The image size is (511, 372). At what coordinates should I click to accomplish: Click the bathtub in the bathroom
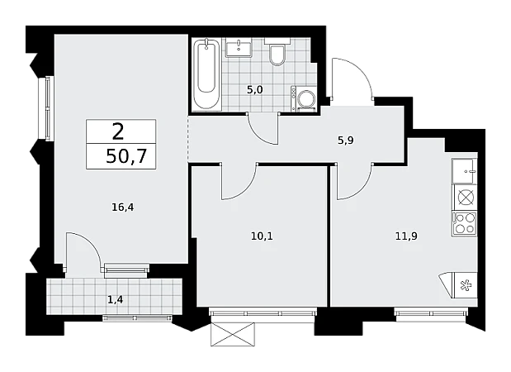coord(206,74)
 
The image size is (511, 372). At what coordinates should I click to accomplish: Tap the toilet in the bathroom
coord(277,51)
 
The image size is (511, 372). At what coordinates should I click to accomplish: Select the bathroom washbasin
coord(239,48)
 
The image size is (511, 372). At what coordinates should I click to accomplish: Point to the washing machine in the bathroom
coord(303,98)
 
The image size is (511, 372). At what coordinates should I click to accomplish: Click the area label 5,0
coord(254,90)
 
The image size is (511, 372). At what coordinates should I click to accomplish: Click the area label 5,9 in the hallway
coord(345,141)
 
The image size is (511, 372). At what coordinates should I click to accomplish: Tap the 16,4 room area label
coord(122,207)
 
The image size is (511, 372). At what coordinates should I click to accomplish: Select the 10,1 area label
coord(262,236)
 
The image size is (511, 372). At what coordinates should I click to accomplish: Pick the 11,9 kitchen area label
coord(406,236)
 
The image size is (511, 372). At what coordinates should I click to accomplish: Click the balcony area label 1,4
coord(115,299)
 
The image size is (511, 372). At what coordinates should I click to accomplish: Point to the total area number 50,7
coord(126,156)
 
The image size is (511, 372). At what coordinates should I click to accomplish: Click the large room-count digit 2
coord(118,131)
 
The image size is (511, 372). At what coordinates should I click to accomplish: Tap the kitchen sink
coord(464,171)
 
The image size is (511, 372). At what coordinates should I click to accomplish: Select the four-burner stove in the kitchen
coord(464,223)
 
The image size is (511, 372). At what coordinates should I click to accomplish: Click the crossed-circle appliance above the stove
coord(466,197)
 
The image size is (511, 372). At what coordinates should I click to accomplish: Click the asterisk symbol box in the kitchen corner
coord(466,285)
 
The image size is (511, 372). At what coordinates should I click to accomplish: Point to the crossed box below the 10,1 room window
coord(232,334)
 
